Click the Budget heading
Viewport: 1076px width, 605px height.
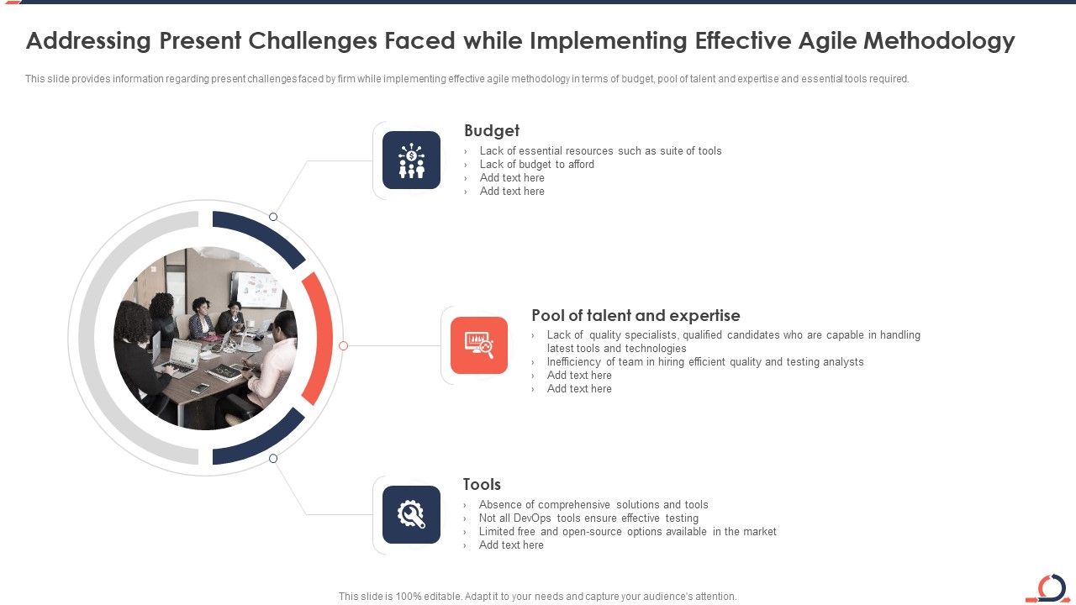coord(492,130)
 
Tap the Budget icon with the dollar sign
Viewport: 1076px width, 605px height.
coord(411,160)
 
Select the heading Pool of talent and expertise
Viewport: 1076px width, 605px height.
coord(636,315)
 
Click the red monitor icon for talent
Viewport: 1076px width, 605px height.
coord(479,345)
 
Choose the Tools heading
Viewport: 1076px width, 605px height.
coord(482,484)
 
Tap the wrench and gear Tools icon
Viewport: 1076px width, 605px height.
coord(411,514)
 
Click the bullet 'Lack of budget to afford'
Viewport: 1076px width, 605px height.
coord(536,165)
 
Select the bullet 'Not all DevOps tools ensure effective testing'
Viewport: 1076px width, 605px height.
coord(588,518)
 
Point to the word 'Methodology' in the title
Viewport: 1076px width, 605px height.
coord(939,40)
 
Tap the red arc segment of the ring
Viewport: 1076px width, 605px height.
coord(319,338)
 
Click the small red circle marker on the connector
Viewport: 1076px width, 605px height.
coord(343,345)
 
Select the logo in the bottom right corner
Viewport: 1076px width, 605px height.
coord(1048,588)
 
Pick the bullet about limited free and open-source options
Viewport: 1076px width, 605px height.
coord(627,532)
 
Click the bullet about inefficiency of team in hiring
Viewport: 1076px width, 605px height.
coord(704,362)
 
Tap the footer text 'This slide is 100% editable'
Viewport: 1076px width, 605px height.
coord(537,597)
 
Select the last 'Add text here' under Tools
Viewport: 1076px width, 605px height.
coord(511,545)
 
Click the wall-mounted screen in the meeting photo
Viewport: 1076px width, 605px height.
coord(256,290)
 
